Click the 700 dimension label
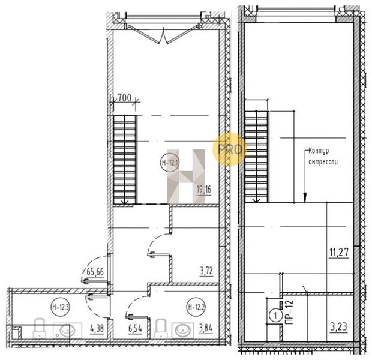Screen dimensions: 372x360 125,98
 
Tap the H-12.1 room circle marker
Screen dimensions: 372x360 170,163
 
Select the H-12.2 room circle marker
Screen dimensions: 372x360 196,307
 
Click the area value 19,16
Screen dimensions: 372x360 204,190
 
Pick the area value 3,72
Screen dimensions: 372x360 206,271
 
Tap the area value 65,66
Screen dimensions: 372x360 95,271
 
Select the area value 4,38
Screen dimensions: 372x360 97,329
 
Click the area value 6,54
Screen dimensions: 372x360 135,329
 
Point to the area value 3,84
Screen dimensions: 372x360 206,329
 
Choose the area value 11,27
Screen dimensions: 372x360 339,252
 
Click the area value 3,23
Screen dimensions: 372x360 339,327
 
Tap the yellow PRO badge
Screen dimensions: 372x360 229,149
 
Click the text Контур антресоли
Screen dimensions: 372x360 323,156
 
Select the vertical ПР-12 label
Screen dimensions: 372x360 289,313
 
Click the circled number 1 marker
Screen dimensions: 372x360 275,316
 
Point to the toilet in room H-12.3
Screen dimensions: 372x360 39,329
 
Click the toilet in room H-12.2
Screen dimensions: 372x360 161,329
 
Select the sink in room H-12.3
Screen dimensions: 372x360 67,330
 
